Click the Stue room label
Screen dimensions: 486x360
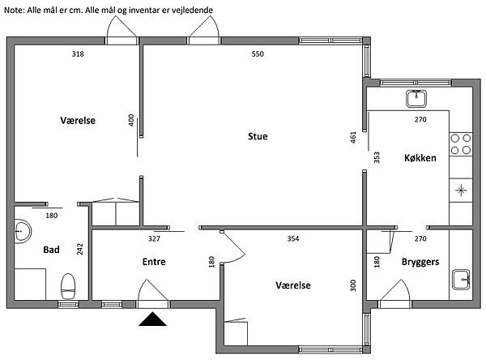258,136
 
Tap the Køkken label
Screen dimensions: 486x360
420,158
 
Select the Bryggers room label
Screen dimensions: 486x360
420,262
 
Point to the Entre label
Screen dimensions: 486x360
154,262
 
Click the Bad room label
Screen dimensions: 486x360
51,250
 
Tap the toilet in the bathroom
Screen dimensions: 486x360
68,286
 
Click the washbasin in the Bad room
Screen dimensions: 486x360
23,231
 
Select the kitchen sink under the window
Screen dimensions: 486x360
416,98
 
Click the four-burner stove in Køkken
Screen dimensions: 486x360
461,144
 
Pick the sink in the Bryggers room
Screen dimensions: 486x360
461,280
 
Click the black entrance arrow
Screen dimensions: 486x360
152,319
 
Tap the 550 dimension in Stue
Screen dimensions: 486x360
258,54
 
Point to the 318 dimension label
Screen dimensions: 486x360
78,54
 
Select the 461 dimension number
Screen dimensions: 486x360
353,138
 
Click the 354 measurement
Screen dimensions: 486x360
293,238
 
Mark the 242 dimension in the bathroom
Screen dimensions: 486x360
80,249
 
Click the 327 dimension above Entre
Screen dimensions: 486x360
154,238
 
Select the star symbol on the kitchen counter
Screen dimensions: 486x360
461,191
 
